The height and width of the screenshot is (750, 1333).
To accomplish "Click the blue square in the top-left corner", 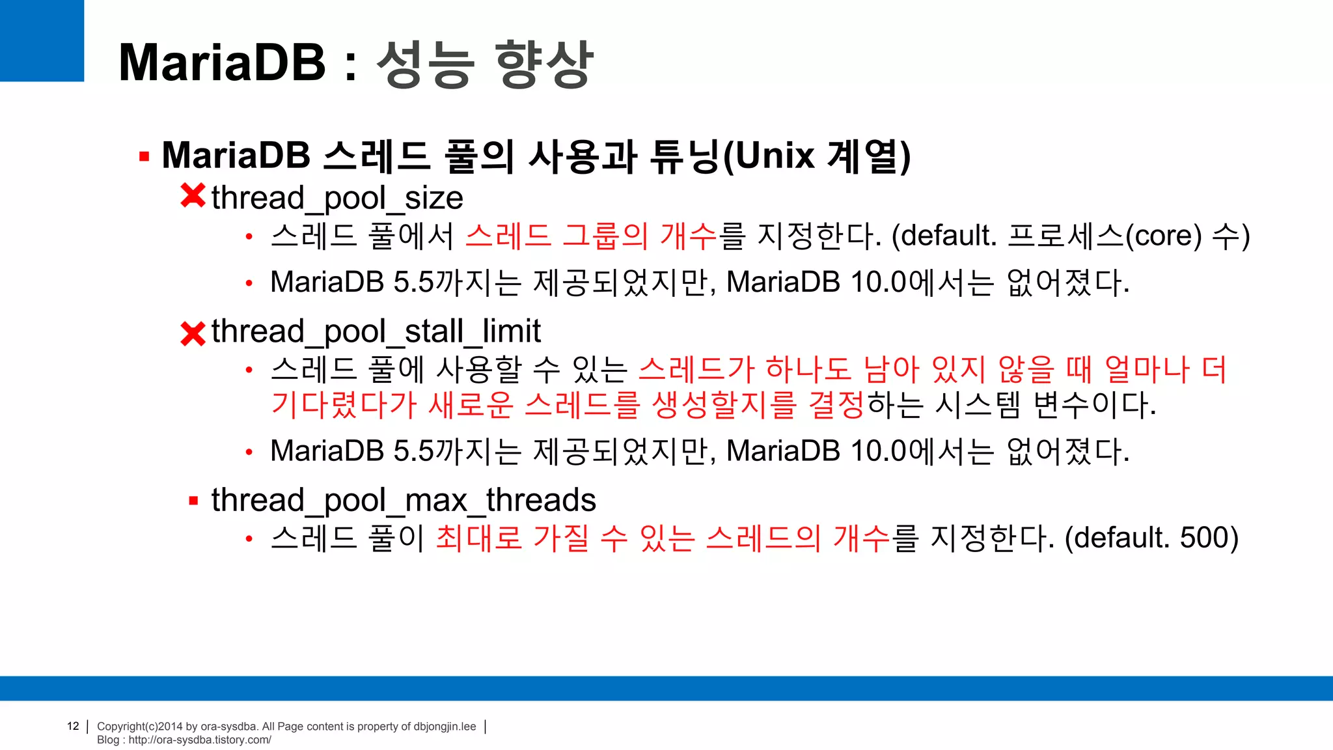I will [x=42, y=40].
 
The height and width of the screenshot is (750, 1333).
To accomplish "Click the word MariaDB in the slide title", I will [x=222, y=62].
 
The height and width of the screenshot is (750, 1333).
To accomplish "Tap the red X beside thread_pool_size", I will [x=193, y=196].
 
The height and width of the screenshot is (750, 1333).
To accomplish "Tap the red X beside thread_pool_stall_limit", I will [x=193, y=334].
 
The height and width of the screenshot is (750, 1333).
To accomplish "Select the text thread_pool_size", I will [x=337, y=198].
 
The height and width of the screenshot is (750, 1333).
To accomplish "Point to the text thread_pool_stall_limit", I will [x=376, y=331].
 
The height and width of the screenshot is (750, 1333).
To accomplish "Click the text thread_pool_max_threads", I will [x=404, y=501].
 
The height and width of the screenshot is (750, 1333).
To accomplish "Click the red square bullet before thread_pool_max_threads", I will [x=193, y=501].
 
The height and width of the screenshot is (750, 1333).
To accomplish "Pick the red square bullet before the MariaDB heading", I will [x=144, y=156].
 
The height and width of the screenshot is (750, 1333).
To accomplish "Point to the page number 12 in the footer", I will [x=73, y=726].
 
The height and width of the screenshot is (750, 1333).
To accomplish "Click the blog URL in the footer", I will [x=199, y=740].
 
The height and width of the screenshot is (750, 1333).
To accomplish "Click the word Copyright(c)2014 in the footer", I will [x=140, y=727].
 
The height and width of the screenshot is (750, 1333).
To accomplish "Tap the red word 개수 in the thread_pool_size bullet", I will [x=688, y=236].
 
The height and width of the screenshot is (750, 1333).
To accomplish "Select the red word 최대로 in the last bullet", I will [x=479, y=538].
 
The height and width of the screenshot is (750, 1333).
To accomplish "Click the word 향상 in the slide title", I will [x=544, y=64].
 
